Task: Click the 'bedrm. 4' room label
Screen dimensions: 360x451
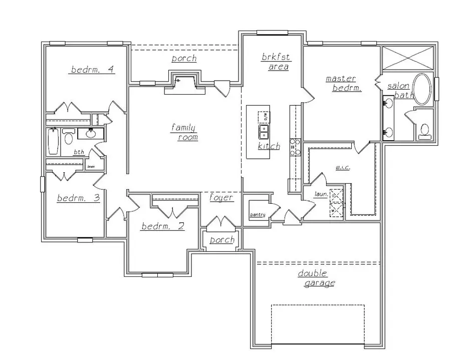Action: (x=93, y=70)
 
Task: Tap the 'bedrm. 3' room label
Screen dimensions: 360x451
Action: (x=78, y=198)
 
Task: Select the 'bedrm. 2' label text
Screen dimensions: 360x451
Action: (x=162, y=226)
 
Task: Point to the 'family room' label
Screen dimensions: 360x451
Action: (x=184, y=132)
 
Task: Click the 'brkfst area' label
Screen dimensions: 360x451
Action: (x=275, y=62)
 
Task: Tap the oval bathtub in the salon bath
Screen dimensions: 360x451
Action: (x=422, y=89)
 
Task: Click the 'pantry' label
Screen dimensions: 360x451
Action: (x=257, y=215)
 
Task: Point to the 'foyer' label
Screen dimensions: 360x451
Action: (x=221, y=198)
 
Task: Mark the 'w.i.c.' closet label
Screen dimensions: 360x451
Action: (x=342, y=168)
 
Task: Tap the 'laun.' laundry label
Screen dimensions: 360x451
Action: (x=321, y=194)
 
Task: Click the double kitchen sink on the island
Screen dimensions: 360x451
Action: (x=263, y=132)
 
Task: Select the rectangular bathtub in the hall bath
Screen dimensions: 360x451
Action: (x=53, y=142)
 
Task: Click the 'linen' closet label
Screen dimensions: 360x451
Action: (x=91, y=166)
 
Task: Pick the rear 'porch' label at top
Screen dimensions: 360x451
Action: (x=184, y=59)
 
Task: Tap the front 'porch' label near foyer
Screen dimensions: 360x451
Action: (x=222, y=240)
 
